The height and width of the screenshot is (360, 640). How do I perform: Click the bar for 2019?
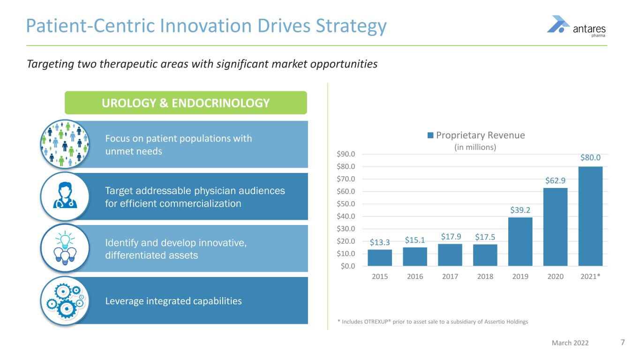[x=520, y=241]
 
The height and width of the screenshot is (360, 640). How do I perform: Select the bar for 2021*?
[x=590, y=216]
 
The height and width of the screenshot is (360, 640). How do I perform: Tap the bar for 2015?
[x=380, y=258]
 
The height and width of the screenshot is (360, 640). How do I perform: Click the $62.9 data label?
[x=556, y=180]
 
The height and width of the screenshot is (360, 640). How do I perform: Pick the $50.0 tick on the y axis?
[x=346, y=204]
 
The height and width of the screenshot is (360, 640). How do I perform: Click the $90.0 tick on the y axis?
[x=346, y=154]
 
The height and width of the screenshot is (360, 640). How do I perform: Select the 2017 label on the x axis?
[x=450, y=277]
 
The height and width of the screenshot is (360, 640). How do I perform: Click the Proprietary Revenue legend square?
[x=430, y=135]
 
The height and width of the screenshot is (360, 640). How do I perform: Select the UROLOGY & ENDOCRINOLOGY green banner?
[x=186, y=103]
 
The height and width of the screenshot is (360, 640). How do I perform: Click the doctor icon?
[x=64, y=196]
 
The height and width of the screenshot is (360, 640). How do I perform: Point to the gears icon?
[x=64, y=300]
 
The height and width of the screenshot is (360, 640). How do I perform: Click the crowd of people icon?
[x=64, y=144]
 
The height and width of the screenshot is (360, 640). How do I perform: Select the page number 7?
[x=623, y=343]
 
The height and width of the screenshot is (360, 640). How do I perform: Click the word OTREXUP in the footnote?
[x=380, y=321]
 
